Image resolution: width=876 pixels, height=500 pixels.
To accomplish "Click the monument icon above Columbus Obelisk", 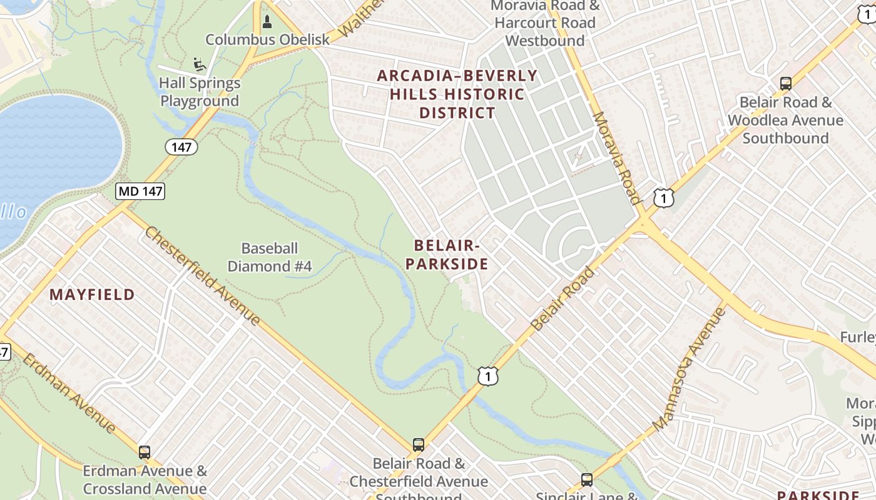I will [x=267, y=22].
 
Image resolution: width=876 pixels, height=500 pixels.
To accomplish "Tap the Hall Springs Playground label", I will [x=200, y=92].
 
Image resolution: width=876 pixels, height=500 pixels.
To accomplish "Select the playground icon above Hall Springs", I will [x=199, y=64].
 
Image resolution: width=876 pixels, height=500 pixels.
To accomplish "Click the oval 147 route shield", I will [x=181, y=147].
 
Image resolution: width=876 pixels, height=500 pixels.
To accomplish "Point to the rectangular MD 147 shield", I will [x=140, y=191].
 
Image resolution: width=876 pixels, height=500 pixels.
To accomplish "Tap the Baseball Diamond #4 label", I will [x=270, y=257].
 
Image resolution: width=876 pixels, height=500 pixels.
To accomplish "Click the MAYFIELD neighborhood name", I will [x=92, y=294].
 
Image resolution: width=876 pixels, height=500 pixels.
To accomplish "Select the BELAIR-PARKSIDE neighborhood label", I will [x=446, y=254].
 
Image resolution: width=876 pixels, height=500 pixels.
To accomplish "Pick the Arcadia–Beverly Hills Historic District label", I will [x=457, y=94].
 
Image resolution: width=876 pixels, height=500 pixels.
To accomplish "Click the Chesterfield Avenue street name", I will [x=203, y=275].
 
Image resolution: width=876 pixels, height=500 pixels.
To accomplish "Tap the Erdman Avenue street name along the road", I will [x=69, y=392].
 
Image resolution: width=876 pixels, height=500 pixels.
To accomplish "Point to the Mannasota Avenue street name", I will [x=688, y=369].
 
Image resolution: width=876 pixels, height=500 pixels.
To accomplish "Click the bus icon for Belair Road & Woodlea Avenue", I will [x=785, y=83].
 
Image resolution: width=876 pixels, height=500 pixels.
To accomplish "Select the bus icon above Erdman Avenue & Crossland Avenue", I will [x=145, y=452].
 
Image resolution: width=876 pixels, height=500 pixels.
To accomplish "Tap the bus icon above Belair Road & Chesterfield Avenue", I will [x=419, y=445].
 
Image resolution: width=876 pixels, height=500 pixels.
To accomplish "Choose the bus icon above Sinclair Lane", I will [x=586, y=479].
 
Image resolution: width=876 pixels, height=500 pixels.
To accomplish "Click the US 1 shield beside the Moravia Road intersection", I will [x=663, y=197].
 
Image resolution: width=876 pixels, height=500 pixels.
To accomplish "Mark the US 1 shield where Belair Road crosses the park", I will [x=488, y=376].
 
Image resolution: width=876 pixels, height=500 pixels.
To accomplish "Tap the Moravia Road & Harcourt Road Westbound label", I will [x=545, y=23].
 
